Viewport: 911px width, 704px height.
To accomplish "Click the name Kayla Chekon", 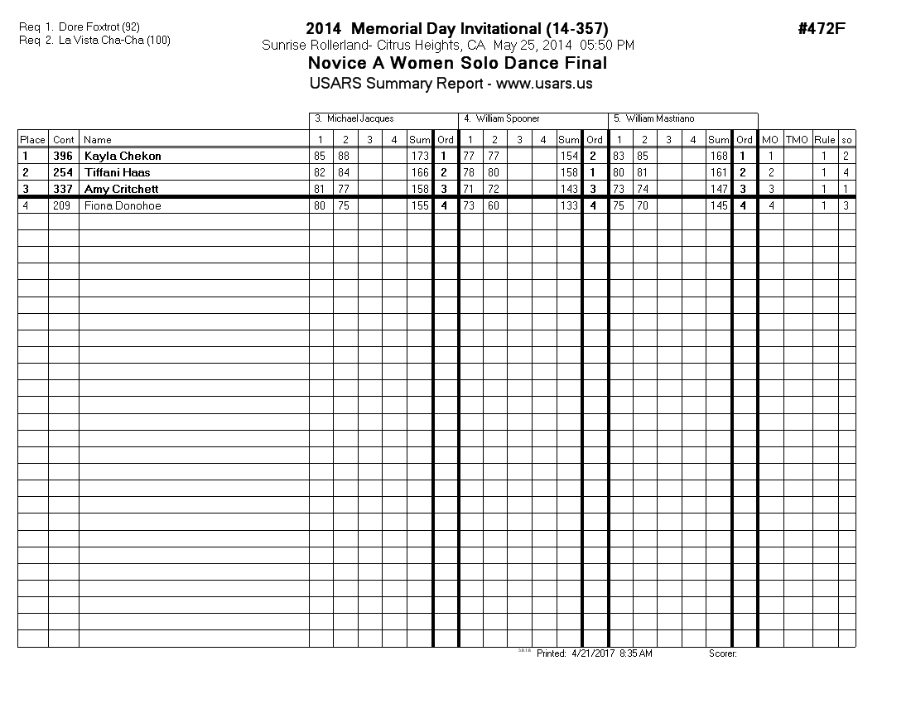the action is point(123,156).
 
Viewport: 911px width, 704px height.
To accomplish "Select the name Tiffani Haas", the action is point(118,172).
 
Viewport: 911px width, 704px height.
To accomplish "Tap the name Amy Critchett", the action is point(123,189).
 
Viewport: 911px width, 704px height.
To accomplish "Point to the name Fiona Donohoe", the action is point(123,205).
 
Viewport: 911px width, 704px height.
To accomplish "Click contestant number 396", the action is point(63,156).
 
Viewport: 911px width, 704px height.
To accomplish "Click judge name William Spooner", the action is point(508,119).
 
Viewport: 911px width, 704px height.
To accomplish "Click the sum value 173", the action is point(420,156).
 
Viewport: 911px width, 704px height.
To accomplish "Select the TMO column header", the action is point(797,140).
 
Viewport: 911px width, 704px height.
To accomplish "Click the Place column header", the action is point(32,140).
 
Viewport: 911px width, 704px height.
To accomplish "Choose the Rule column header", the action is point(824,140).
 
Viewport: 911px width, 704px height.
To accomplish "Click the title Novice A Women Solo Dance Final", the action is point(457,64).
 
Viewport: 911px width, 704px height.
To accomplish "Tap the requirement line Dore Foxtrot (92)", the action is point(99,27).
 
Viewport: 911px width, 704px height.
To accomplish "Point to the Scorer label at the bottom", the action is point(722,653).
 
